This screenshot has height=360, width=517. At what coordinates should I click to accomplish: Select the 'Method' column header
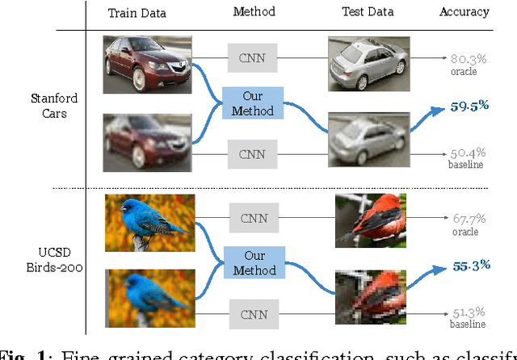(254, 12)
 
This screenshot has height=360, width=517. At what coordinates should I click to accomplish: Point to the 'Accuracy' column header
(464, 12)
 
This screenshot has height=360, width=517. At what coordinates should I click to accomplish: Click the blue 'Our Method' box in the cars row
(254, 104)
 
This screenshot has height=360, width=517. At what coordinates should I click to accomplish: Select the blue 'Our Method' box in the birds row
(254, 262)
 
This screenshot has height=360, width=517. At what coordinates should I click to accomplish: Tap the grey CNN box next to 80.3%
(254, 57)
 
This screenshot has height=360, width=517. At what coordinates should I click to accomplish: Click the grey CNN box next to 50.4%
(254, 153)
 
